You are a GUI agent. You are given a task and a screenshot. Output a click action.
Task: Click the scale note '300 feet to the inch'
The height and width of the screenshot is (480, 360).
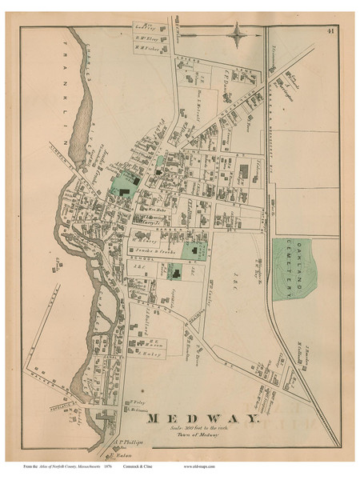[x=203, y=430]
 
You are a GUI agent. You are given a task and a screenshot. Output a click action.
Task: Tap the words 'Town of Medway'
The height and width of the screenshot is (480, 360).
[x=203, y=437]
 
